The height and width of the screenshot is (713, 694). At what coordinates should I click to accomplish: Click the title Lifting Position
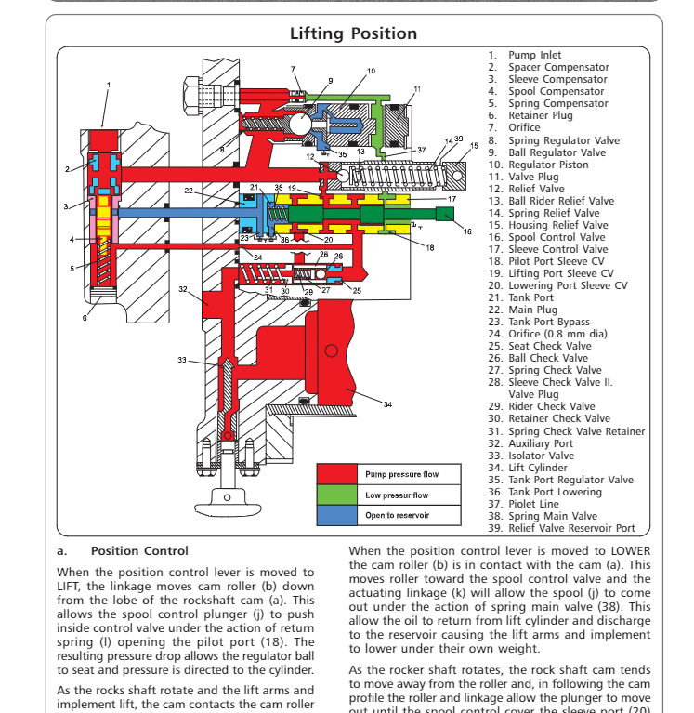pos(353,34)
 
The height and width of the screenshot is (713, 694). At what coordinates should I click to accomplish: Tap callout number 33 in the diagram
pos(182,360)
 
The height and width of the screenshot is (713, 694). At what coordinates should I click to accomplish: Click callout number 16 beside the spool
pos(467,231)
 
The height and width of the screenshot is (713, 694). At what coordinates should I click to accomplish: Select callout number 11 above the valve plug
pos(417,89)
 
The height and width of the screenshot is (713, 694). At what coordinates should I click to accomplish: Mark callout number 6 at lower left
pos(85,318)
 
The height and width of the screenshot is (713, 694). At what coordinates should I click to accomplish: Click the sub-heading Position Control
pos(139,551)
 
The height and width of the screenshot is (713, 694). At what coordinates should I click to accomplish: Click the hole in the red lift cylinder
pos(329,350)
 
